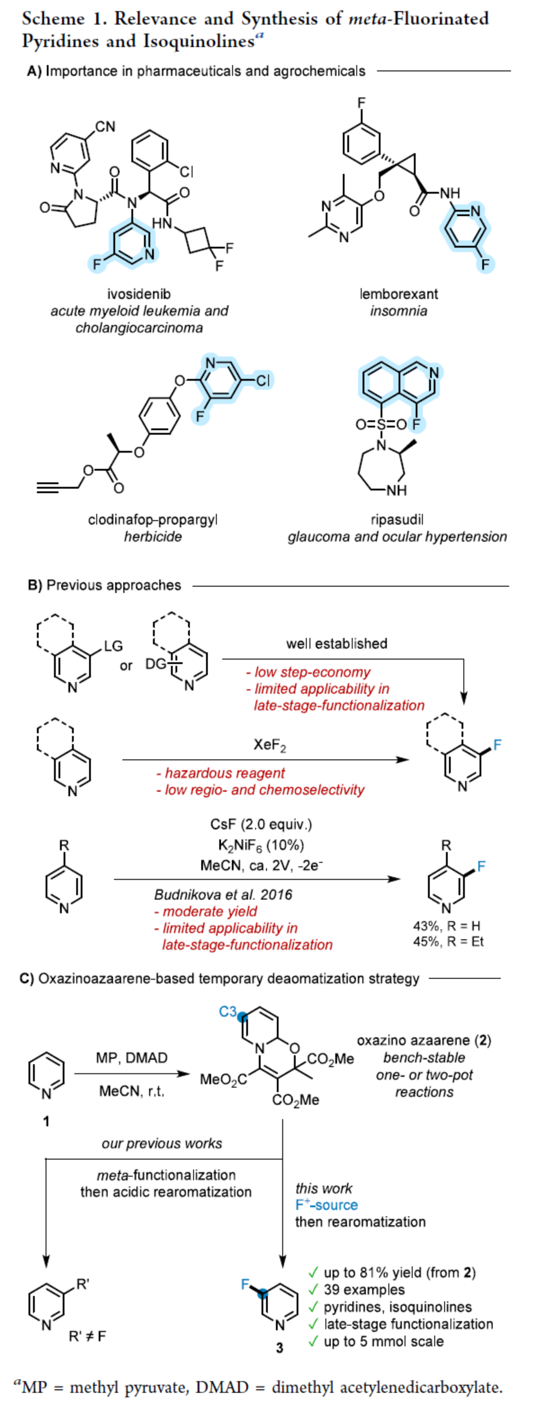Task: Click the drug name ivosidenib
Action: click(x=139, y=294)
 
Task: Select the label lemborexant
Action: click(x=398, y=294)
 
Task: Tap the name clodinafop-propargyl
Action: click(x=152, y=519)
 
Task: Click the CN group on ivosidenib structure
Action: click(x=105, y=127)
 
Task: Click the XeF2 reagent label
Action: click(x=269, y=745)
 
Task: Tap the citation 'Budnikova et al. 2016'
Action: click(x=223, y=895)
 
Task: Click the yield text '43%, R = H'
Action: click(x=446, y=926)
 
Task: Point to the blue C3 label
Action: click(x=228, y=1012)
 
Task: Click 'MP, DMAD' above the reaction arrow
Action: click(x=131, y=1058)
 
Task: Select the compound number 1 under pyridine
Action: click(x=46, y=1121)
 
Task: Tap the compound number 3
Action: click(x=279, y=1348)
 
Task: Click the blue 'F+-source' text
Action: click(x=326, y=1205)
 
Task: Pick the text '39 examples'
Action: click(x=363, y=1290)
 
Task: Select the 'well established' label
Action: click(x=336, y=644)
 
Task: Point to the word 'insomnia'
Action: click(x=398, y=311)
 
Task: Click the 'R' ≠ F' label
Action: click(x=88, y=1336)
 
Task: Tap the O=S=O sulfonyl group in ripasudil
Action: click(x=381, y=424)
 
